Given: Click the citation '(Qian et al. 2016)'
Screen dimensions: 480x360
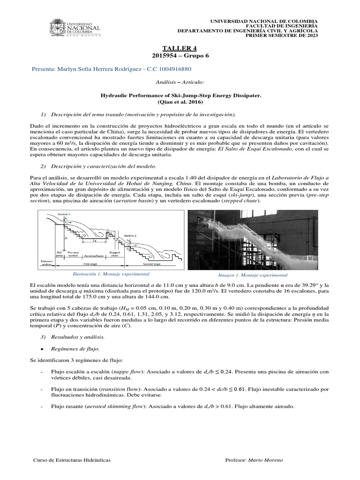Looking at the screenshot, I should [x=180, y=101].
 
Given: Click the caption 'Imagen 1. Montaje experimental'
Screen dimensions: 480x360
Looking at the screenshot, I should [x=253, y=275].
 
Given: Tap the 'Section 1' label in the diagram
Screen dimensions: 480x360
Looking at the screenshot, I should [x=63, y=214].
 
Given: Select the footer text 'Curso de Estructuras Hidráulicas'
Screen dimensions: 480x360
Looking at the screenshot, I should [x=72, y=460].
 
